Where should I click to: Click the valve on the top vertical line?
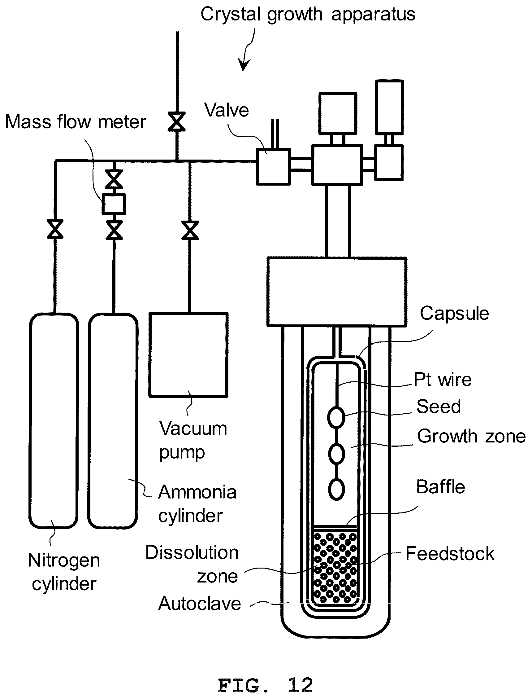(177, 121)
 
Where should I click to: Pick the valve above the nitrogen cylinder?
(55, 229)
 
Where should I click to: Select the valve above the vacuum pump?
(190, 230)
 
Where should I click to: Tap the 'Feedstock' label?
(450, 554)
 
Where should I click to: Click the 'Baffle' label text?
(440, 487)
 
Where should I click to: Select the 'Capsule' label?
(454, 314)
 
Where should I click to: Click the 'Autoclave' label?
(200, 603)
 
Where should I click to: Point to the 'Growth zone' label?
(471, 436)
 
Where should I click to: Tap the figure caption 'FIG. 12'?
(265, 686)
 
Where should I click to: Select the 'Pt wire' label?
(443, 380)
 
